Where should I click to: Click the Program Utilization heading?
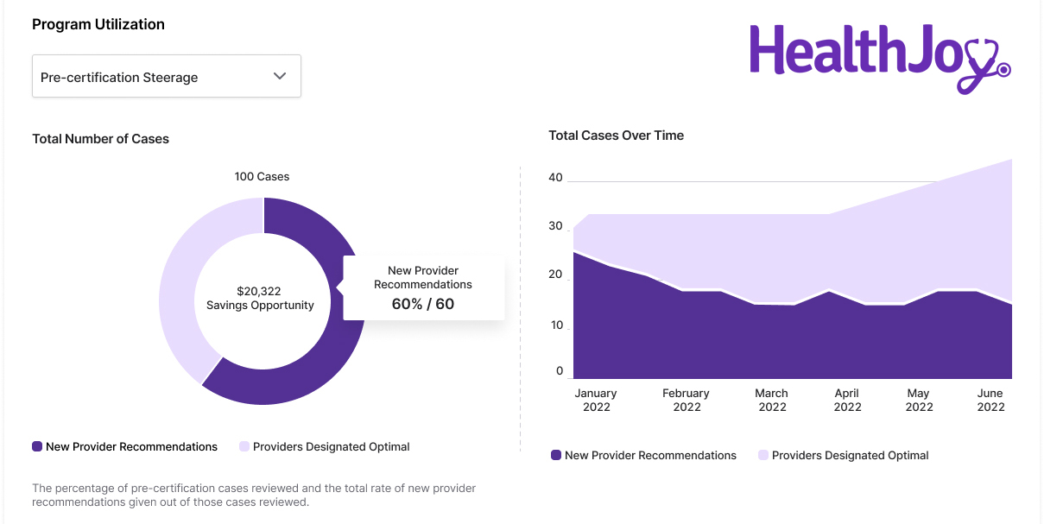(x=98, y=24)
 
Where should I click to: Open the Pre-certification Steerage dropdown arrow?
(x=279, y=76)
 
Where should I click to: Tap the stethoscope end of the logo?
(x=1003, y=68)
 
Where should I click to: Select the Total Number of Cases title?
(x=100, y=138)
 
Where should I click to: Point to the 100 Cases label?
(x=262, y=176)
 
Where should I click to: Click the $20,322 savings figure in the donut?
(x=259, y=292)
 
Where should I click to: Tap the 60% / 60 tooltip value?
(x=423, y=304)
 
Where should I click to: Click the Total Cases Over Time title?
(x=616, y=135)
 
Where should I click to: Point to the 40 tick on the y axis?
(x=555, y=178)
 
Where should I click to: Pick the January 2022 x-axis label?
(x=596, y=400)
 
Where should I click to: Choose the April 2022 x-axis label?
(x=847, y=400)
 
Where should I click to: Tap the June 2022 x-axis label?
(x=990, y=400)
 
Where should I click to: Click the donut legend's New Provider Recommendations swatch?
(x=37, y=446)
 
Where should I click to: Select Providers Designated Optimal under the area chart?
(x=850, y=455)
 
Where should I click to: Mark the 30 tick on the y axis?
(x=555, y=226)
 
